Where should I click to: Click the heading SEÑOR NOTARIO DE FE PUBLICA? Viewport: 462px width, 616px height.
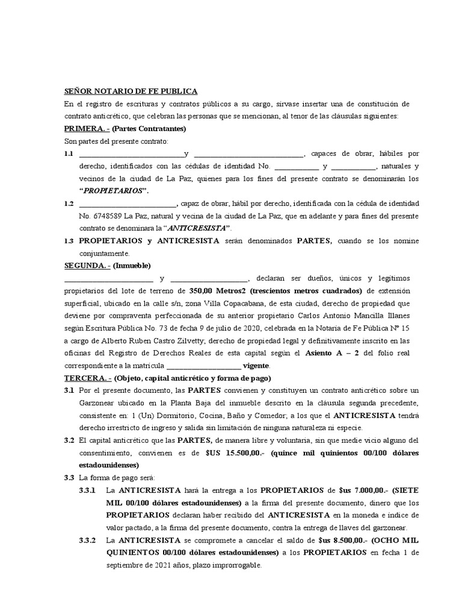click(x=131, y=91)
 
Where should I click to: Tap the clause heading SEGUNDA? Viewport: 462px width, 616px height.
click(x=87, y=265)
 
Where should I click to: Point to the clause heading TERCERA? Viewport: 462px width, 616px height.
click(x=87, y=378)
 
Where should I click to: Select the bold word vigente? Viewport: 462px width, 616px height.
click(x=256, y=366)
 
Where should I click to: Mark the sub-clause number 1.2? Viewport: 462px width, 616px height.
click(x=69, y=204)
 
